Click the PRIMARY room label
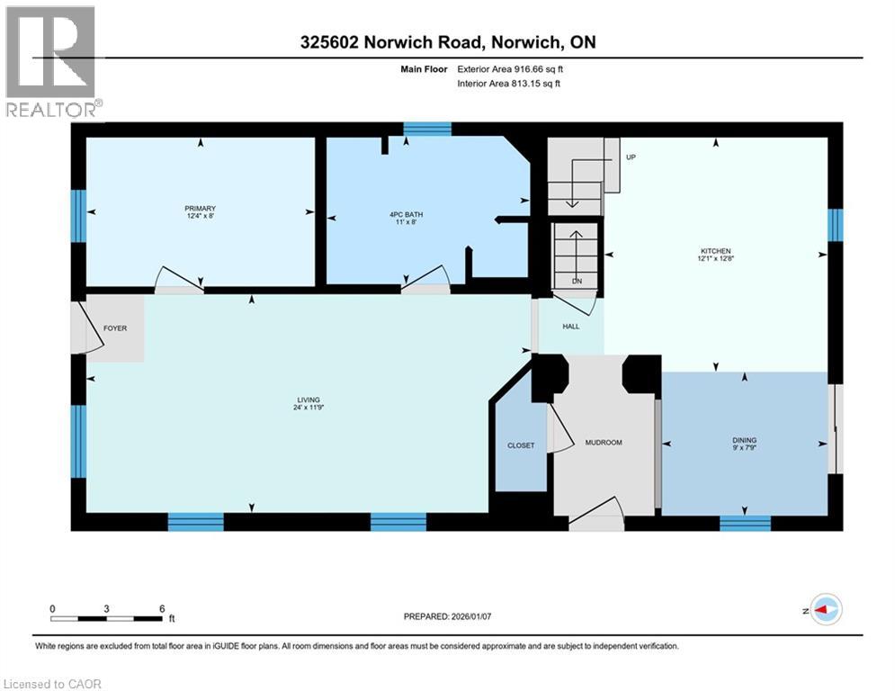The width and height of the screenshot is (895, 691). point(200,209)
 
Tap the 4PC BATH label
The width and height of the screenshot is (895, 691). point(406,215)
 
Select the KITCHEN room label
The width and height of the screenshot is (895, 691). point(716,251)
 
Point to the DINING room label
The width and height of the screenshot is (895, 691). point(744,440)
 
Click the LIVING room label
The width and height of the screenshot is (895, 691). point(309,400)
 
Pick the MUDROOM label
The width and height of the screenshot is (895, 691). point(604,443)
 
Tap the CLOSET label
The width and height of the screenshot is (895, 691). point(521,445)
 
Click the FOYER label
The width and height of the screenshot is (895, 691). point(115,328)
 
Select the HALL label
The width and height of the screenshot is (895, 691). point(571,327)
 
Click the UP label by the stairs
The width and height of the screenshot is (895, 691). point(631,157)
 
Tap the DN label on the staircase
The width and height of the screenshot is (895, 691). point(577,281)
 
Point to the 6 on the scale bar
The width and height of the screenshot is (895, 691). point(162,609)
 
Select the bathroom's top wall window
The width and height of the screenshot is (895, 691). point(427,129)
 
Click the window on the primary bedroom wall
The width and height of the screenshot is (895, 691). point(78,216)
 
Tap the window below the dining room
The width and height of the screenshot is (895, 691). point(745,523)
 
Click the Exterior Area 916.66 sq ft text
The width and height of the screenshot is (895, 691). point(510,69)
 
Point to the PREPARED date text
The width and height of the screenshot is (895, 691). point(448,616)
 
